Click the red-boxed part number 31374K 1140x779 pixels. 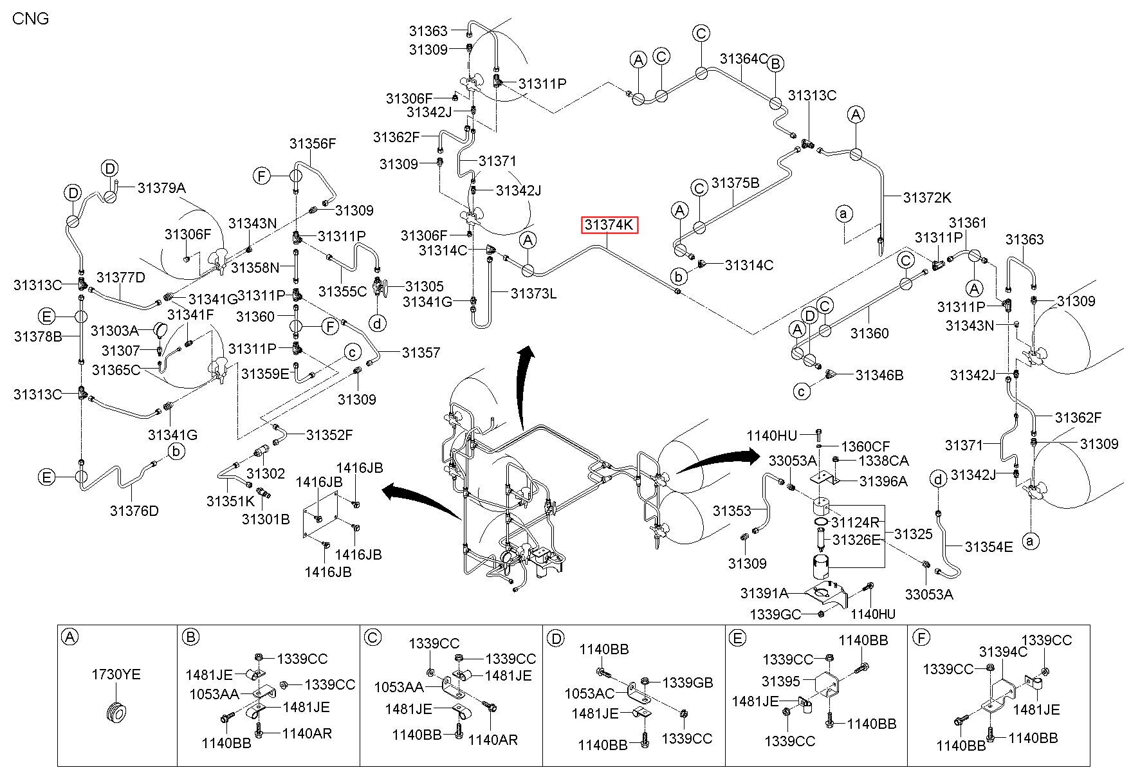(x=609, y=225)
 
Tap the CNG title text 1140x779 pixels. (x=30, y=18)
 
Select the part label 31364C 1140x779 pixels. (x=744, y=59)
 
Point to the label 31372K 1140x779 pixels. (x=927, y=197)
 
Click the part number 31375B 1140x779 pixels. (x=735, y=183)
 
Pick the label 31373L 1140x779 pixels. (x=533, y=293)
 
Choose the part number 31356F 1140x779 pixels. (x=313, y=143)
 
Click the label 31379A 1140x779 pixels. (x=161, y=188)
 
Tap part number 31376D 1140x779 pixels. (x=134, y=511)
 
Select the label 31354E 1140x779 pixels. (x=989, y=547)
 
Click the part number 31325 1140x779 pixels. (x=913, y=534)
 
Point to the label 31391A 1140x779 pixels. (x=764, y=592)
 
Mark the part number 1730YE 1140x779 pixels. (x=116, y=675)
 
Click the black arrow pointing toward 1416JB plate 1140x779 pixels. (x=422, y=502)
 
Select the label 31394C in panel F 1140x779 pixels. (x=1003, y=652)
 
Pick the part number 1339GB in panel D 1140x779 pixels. (x=688, y=683)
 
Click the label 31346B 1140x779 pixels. (x=879, y=375)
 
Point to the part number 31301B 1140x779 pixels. (x=266, y=518)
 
